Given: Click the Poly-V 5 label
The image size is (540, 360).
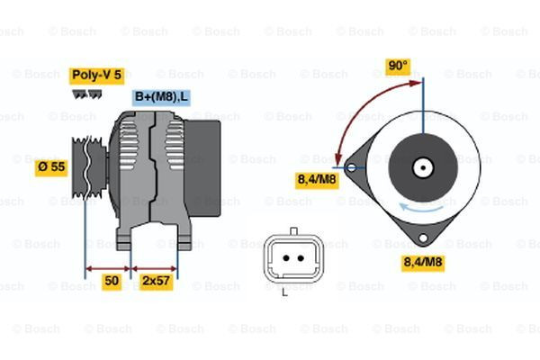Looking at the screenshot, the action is click(97, 76).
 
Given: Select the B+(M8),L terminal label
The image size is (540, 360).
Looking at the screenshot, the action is click(161, 97).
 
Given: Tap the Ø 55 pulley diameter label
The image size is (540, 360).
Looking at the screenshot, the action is click(51, 167).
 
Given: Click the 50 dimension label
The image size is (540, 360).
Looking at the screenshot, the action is click(112, 281).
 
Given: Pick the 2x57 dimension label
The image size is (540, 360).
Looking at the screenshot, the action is click(156, 281).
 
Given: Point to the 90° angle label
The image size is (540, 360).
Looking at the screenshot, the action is click(398, 66).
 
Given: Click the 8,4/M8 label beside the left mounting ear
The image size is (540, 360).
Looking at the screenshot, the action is click(317, 180).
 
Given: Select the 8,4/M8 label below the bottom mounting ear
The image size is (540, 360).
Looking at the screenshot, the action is click(423, 263).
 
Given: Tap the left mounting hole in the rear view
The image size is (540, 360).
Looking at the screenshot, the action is click(351, 167).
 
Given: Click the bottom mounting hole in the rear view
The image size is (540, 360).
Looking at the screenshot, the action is click(423, 238).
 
